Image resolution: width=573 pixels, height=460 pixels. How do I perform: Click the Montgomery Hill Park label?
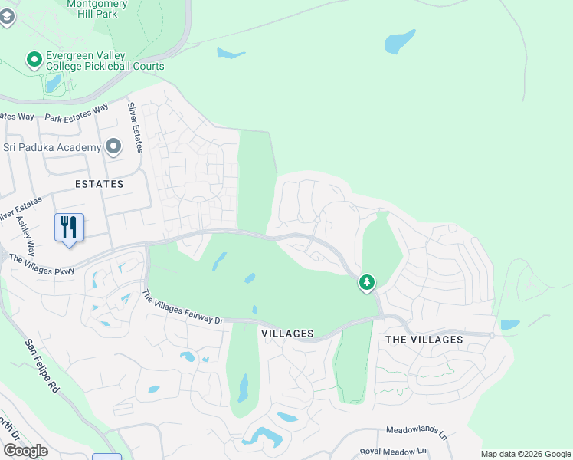coord(97,8)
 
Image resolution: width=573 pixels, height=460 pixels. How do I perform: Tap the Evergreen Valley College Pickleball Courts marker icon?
coord(34,59)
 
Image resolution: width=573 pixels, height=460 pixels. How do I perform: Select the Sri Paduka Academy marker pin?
coord(114,146)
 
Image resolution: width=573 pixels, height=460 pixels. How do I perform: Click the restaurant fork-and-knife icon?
coord(69,227)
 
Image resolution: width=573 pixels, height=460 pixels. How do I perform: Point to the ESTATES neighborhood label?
coord(99,184)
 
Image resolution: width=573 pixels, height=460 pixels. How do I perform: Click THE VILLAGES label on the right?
coord(424,339)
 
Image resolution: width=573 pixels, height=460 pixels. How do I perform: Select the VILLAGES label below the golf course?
coord(287,333)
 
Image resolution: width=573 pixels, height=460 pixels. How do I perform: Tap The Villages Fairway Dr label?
coord(182,307)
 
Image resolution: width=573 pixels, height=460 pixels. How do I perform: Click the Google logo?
coord(25,451)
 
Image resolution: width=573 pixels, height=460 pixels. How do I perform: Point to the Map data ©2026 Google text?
coord(526,453)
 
